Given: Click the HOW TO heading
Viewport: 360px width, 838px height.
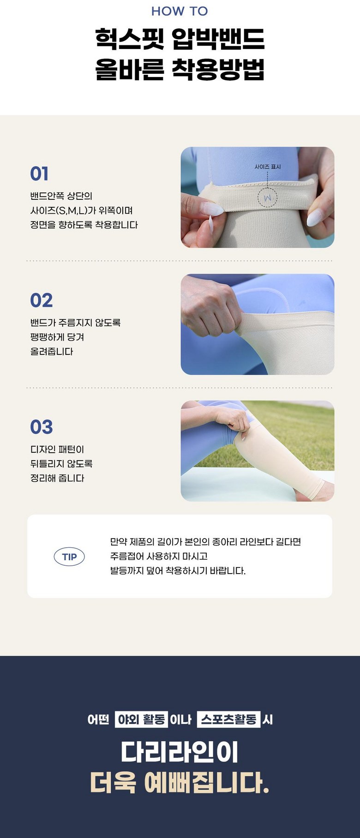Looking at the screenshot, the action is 180,11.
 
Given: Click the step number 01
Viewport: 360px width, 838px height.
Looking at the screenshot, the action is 39,174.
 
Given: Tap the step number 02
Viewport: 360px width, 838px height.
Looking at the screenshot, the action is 42,300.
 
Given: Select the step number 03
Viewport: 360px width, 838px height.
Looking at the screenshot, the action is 42,427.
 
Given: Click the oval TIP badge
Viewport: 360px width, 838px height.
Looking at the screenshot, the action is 69,557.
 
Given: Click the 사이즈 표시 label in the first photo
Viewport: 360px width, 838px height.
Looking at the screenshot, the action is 268,167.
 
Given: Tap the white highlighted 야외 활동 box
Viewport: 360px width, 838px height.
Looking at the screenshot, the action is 141,719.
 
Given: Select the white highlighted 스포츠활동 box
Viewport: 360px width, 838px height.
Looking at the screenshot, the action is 228,719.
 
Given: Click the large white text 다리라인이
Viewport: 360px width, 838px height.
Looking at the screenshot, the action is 180,752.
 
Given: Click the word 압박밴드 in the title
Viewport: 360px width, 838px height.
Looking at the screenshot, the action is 218,39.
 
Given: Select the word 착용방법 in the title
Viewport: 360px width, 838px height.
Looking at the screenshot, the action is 218,70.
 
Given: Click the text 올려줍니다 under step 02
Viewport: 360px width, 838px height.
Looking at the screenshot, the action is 52,352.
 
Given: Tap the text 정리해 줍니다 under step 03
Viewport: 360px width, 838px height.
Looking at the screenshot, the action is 57,478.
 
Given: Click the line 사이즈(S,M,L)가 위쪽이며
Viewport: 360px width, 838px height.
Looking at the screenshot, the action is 82,210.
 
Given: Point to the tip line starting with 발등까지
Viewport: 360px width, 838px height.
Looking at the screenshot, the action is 178,571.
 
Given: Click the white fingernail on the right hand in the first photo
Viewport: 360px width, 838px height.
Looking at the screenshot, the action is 314,217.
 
